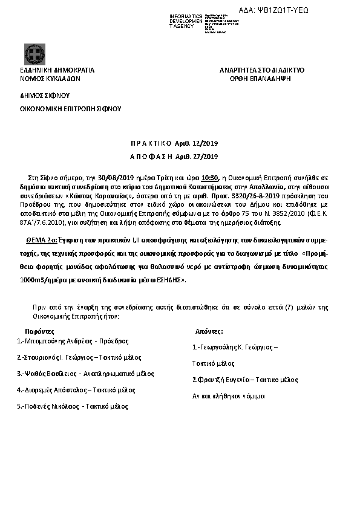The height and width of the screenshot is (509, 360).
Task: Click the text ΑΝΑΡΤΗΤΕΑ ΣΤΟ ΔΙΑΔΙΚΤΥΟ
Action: coord(261,70)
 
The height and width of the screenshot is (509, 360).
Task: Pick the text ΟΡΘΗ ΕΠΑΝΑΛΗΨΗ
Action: coord(261,79)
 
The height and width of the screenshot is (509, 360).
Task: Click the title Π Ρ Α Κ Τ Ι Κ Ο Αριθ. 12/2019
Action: coord(174,144)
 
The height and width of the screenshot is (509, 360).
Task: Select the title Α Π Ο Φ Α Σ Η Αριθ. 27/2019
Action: coord(174,157)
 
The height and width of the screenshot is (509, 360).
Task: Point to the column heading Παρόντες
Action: coord(39,332)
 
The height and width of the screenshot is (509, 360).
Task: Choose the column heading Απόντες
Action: coord(209,332)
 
